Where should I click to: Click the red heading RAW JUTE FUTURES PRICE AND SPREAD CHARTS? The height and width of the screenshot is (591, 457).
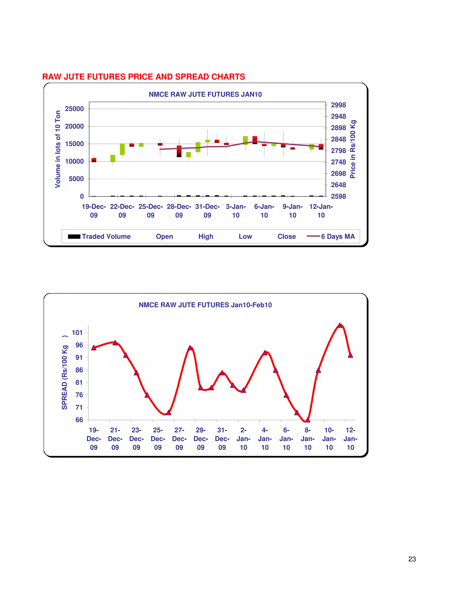pyautogui.click(x=143, y=77)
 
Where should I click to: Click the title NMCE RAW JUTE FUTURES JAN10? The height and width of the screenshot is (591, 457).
pyautogui.click(x=205, y=94)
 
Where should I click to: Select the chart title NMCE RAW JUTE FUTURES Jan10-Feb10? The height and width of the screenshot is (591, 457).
pyautogui.click(x=205, y=305)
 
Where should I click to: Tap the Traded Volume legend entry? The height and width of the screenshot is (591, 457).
pyautogui.click(x=99, y=236)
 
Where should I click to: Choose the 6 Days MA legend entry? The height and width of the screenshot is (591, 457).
pyautogui.click(x=331, y=236)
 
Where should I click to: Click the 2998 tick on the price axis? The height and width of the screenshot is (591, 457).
pyautogui.click(x=339, y=105)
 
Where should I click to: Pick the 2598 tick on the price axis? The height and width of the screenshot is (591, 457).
pyautogui.click(x=339, y=196)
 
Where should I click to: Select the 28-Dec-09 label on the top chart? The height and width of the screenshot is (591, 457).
pyautogui.click(x=179, y=211)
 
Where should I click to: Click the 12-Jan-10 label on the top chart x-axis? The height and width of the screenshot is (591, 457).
pyautogui.click(x=321, y=211)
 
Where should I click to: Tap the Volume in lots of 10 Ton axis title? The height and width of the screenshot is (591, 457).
pyautogui.click(x=58, y=149)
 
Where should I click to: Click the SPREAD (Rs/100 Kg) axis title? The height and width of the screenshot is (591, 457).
pyautogui.click(x=64, y=373)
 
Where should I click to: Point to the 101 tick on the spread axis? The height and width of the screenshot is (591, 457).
pyautogui.click(x=77, y=333)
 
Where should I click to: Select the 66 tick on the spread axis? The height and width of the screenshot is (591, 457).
pyautogui.click(x=79, y=420)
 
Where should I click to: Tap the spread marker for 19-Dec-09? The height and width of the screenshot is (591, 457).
pyautogui.click(x=94, y=348)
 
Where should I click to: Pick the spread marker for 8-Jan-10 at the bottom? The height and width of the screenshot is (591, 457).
pyautogui.click(x=307, y=420)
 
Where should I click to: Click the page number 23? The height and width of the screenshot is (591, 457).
pyautogui.click(x=412, y=559)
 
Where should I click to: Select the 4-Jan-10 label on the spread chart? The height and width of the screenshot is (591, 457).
pyautogui.click(x=265, y=439)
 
